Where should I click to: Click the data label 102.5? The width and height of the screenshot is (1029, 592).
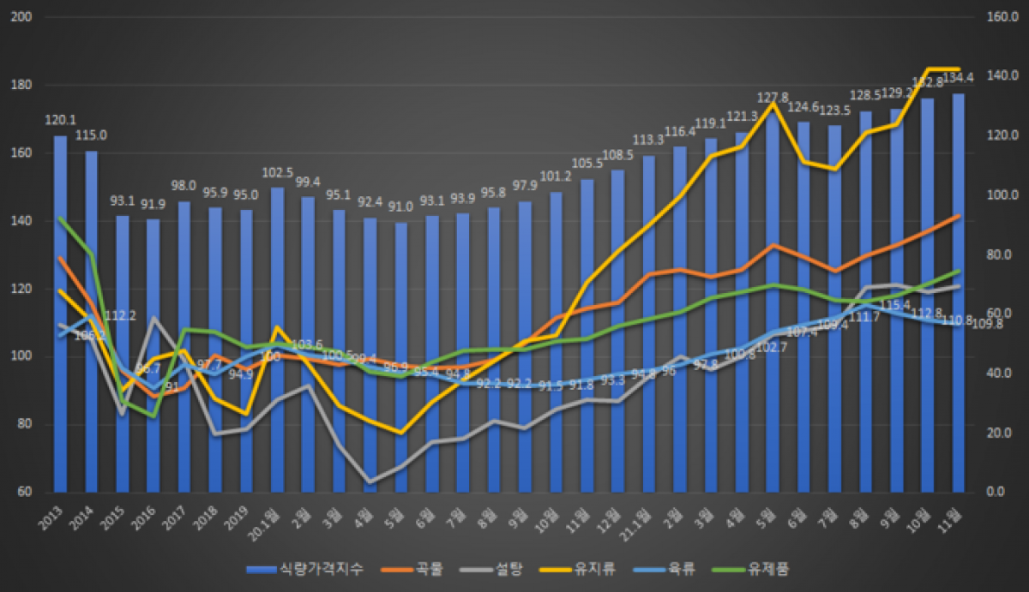click(x=277, y=171)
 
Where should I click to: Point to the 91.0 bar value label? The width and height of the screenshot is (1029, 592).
click(x=400, y=206)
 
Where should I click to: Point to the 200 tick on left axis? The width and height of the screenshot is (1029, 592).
click(x=22, y=17)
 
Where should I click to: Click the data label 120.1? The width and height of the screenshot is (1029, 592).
click(x=60, y=120)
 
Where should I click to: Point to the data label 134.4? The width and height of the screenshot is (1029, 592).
click(x=958, y=78)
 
